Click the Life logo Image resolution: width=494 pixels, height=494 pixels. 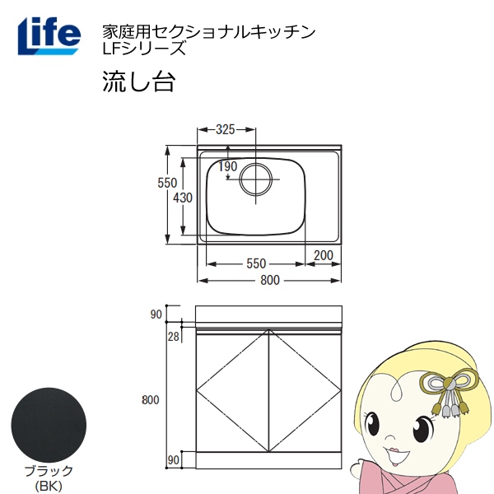coord(49,36)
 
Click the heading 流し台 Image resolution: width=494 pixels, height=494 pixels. coord(138,82)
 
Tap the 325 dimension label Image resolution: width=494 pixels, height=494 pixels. coord(226,129)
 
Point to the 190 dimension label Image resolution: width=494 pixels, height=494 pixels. coord(228,166)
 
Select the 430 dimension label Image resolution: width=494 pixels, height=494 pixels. coord(183,198)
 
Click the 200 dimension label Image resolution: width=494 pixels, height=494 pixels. coord(324,255)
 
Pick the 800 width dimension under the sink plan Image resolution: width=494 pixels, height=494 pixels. coord(270,280)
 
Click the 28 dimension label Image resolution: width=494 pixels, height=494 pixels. coord(173,337)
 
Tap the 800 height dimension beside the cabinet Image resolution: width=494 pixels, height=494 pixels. coord(151,400)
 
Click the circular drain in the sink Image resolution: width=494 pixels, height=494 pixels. coord(255,179)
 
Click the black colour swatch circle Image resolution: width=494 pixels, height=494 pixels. coord(49,426)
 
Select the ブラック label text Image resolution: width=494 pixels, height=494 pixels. coord(49,471)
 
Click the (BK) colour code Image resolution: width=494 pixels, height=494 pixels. coord(49,487)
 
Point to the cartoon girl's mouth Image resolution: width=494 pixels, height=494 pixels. coord(393,454)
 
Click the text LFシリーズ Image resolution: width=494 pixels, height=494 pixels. coord(143,49)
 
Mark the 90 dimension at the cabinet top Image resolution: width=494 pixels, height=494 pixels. coord(156,315)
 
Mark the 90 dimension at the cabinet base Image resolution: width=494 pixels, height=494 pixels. coord(173,460)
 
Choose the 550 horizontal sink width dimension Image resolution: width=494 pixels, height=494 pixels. coord(256,263)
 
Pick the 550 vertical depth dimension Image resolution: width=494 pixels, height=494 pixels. coord(167,183)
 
